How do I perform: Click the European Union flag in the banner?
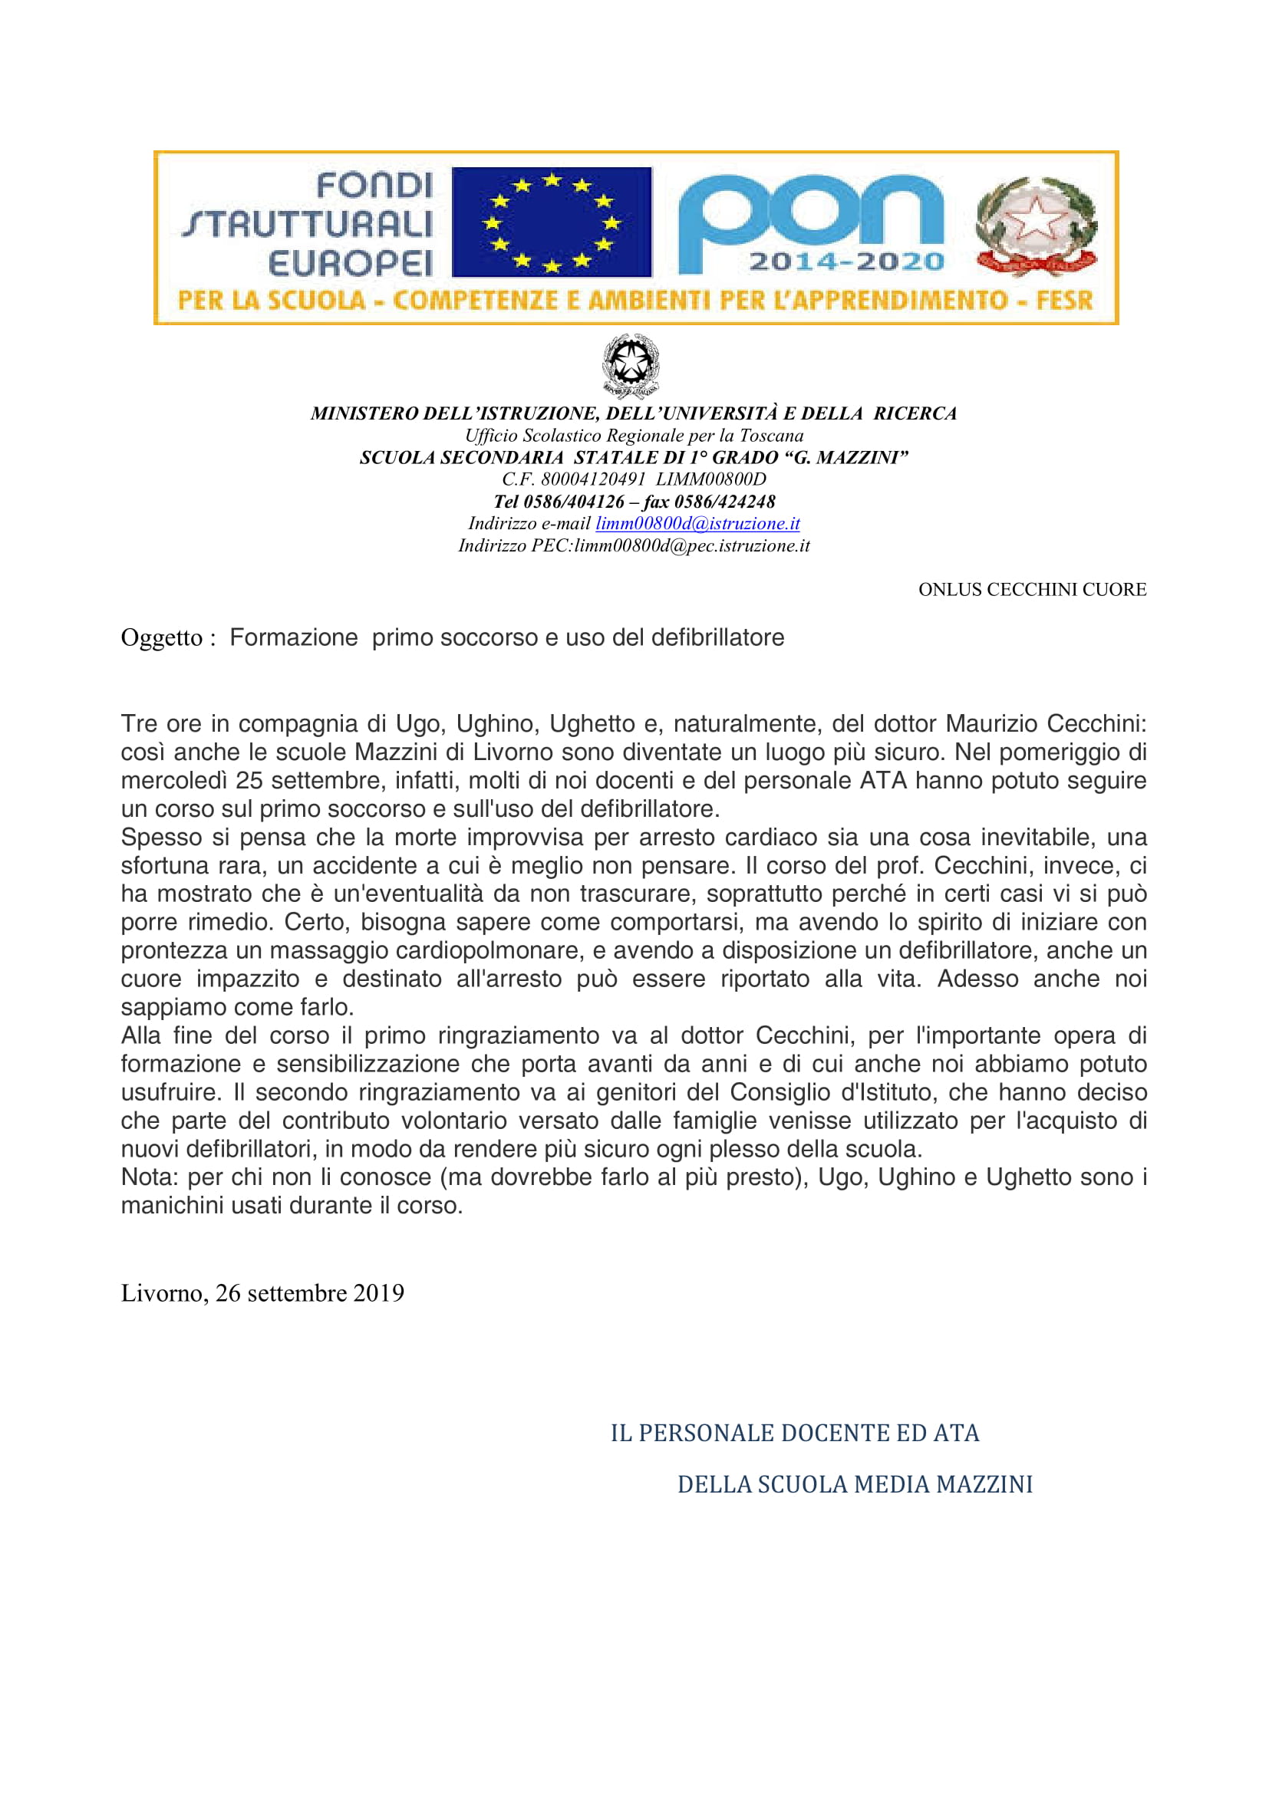[x=552, y=222]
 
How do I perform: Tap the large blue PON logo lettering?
[x=810, y=212]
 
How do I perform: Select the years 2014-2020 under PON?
[x=846, y=262]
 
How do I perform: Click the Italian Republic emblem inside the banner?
[x=1036, y=226]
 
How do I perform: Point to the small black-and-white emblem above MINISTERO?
[x=631, y=366]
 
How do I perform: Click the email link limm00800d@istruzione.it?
[x=697, y=524]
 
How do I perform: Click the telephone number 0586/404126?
[x=574, y=502]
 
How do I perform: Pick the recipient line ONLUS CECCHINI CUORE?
[x=1031, y=590]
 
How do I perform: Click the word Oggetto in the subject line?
[x=162, y=638]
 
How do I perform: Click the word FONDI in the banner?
[x=374, y=186]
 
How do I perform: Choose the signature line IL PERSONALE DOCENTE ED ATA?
[x=794, y=1432]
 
